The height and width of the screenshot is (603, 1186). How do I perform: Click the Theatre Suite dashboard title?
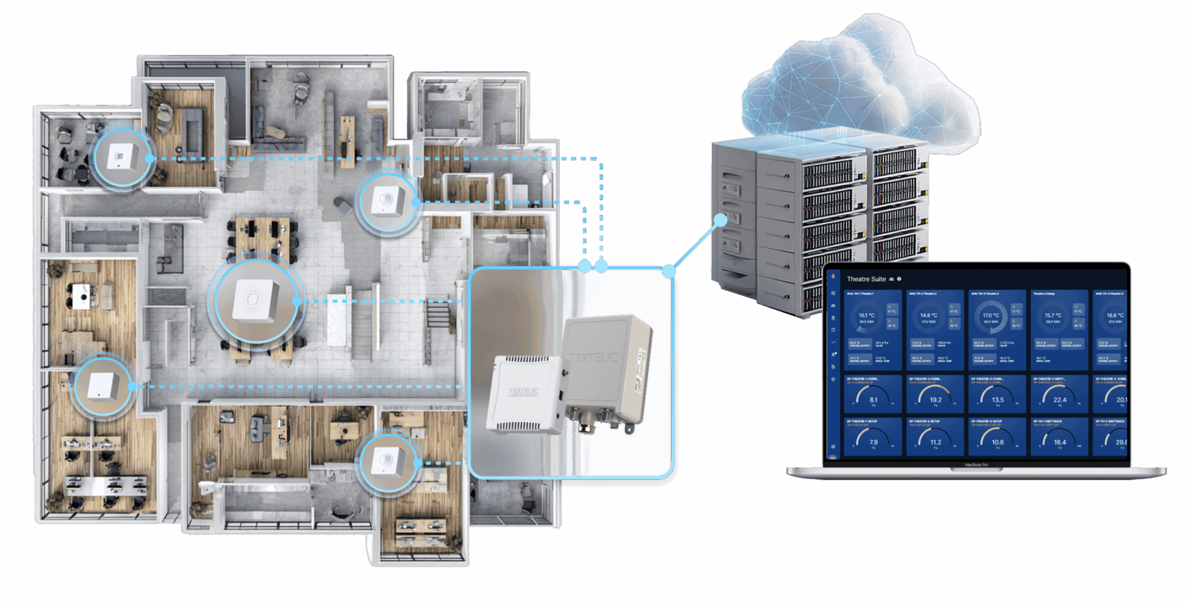coord(866,279)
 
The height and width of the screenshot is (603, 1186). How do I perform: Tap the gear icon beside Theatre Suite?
coord(900,279)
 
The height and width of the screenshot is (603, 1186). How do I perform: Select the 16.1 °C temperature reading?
coord(866,315)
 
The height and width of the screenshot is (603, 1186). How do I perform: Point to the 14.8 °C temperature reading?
coord(928,315)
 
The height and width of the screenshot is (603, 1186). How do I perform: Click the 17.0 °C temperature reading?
coord(990,315)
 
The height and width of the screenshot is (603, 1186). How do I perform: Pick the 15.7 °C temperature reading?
coord(1053,315)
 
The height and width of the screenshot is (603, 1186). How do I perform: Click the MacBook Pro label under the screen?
coord(976,465)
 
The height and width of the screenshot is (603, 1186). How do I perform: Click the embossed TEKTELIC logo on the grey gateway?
coord(594,358)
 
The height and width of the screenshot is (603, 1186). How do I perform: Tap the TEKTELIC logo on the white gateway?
coord(523,392)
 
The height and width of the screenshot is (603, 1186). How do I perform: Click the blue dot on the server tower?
coord(721,220)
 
